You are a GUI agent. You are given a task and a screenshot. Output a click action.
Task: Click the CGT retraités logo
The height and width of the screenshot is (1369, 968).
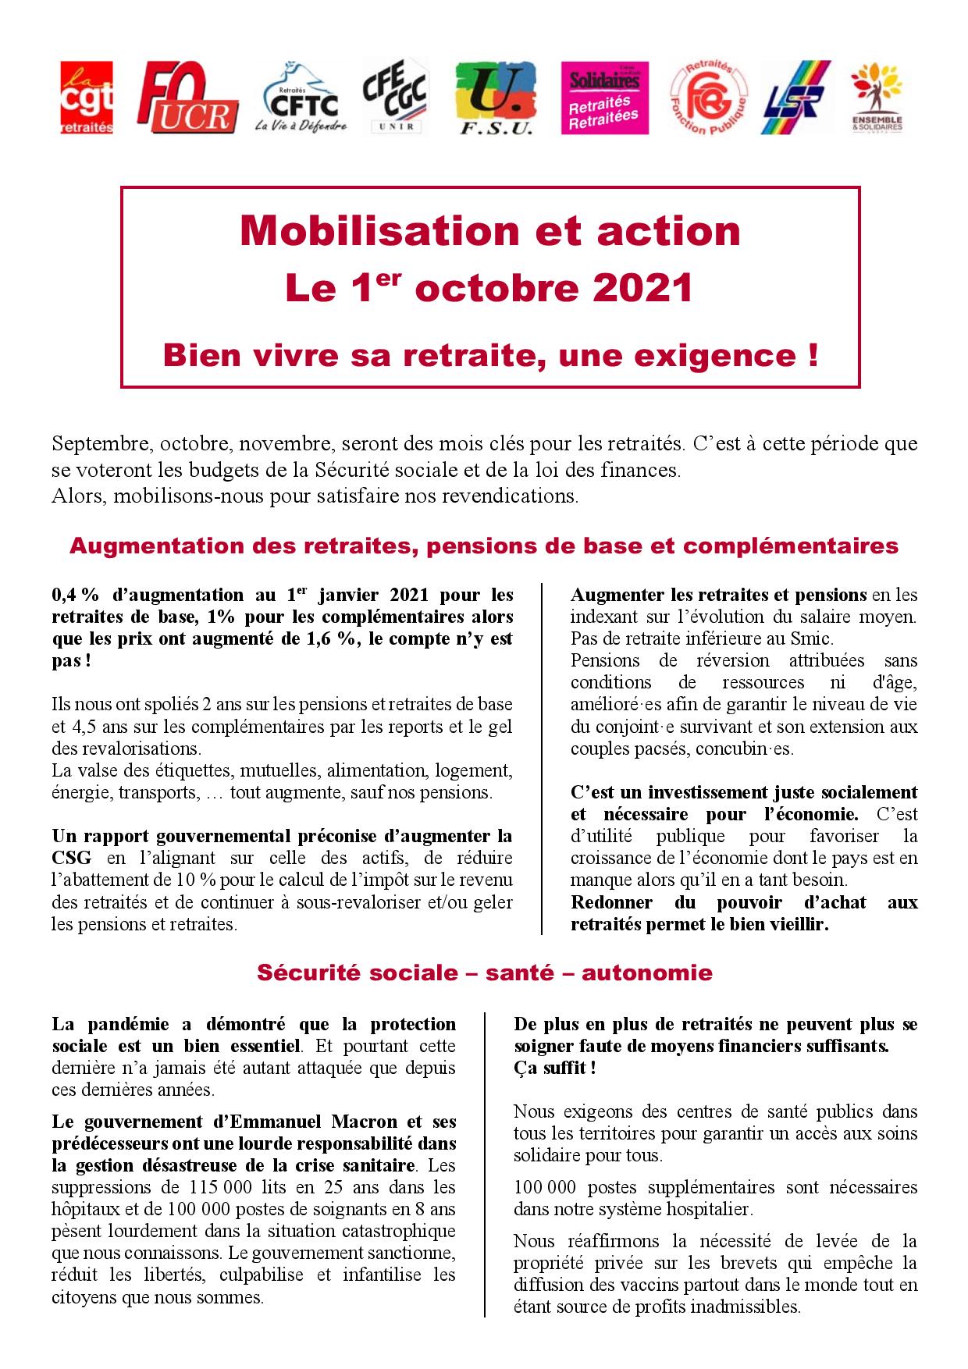[87, 98]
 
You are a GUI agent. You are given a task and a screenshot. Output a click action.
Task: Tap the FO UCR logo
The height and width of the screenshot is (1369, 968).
[186, 98]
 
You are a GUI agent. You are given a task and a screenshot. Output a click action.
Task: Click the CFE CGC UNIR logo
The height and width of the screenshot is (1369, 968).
[395, 98]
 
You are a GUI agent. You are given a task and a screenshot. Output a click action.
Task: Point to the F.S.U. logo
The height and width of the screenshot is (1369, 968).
[495, 98]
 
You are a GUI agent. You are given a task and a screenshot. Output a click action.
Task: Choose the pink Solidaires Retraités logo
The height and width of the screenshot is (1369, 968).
[604, 97]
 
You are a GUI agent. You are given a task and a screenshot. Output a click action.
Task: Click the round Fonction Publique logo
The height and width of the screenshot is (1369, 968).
[708, 98]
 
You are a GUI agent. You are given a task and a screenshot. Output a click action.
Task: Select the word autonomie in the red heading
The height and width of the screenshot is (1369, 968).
[647, 973]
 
